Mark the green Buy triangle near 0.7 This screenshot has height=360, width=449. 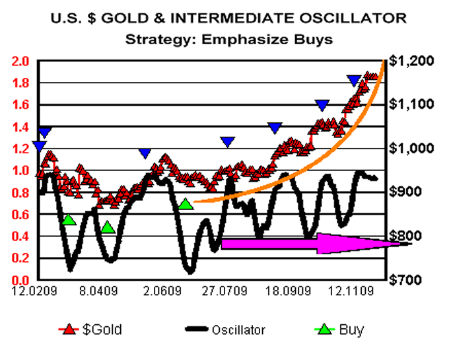coord(186,204)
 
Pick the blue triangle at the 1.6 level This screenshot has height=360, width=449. coord(322,105)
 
